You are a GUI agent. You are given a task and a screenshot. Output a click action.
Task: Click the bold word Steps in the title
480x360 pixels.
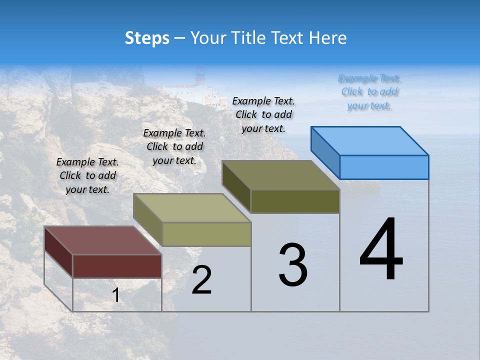[x=147, y=38]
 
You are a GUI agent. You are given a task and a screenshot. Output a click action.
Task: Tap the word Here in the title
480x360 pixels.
[x=327, y=38]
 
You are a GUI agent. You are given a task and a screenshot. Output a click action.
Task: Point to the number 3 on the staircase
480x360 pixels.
[x=293, y=265]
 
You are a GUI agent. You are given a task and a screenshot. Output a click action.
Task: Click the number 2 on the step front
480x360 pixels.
[x=202, y=280]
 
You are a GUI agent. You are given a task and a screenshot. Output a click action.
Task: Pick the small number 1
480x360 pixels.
[x=116, y=295]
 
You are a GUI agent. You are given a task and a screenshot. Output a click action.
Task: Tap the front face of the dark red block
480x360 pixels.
[x=117, y=266]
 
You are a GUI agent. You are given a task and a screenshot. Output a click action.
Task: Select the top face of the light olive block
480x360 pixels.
[x=191, y=207]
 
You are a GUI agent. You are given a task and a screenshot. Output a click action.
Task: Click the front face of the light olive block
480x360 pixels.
[x=206, y=234]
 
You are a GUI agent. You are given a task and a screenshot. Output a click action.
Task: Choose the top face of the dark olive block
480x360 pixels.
[x=280, y=175]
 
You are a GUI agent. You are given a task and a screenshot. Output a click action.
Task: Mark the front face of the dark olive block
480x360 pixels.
[x=295, y=201]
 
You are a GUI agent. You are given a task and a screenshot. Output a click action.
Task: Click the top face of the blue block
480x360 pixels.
[x=369, y=140]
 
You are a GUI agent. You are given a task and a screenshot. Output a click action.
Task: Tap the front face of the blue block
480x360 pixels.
[x=384, y=167]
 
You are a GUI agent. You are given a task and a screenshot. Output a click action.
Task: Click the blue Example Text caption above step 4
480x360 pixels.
[x=369, y=92]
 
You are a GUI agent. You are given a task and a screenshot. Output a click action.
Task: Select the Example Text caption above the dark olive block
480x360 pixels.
[x=263, y=114]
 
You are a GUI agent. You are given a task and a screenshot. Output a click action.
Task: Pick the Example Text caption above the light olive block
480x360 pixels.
[x=174, y=146]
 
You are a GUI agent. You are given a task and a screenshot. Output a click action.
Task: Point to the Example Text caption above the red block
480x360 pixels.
[x=87, y=175]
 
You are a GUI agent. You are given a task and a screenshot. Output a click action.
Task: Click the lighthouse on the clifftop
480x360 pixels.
[x=200, y=80]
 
